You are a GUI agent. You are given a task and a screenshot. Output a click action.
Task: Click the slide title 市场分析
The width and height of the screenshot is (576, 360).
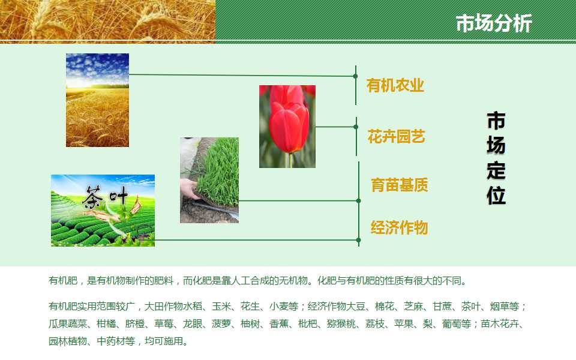[x=494, y=23]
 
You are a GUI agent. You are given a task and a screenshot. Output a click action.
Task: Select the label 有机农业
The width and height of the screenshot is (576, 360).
[x=395, y=86]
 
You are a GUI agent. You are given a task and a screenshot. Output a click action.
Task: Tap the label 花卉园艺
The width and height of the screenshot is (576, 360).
[x=397, y=136]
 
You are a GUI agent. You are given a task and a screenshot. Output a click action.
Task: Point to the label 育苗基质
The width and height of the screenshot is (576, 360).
[x=400, y=185]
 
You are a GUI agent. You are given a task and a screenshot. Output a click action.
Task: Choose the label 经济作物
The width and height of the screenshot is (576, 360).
[x=400, y=227]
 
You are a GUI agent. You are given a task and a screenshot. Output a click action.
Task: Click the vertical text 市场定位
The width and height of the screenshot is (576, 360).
[x=496, y=158]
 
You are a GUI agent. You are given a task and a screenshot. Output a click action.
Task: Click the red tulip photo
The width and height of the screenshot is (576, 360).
[x=287, y=127]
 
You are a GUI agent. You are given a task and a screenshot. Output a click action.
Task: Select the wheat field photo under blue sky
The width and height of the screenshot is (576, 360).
[x=97, y=100]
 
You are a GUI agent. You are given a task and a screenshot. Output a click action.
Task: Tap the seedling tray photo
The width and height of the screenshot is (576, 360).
[x=209, y=180]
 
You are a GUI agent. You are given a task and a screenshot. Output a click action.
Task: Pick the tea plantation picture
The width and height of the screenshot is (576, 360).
[x=103, y=211]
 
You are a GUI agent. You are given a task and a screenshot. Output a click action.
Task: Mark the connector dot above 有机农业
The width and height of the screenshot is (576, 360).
[x=355, y=76]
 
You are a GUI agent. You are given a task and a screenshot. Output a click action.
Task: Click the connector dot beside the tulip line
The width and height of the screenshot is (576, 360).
[x=356, y=127]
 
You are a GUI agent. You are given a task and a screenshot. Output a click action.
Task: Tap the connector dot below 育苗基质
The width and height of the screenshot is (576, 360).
[x=359, y=200]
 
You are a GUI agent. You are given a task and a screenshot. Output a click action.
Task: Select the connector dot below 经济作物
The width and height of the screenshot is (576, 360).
[x=359, y=240]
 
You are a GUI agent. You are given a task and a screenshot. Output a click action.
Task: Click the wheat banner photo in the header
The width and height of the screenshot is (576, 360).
[x=107, y=21]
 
